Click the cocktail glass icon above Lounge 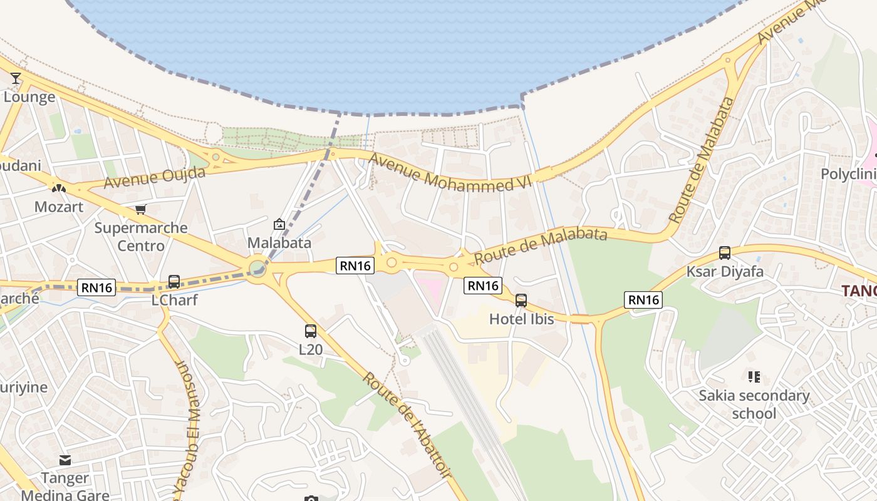16,78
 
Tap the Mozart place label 58,207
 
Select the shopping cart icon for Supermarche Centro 141,210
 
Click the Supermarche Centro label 141,236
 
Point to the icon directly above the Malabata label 279,224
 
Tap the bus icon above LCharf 174,282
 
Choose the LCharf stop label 174,300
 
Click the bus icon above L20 311,331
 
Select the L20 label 311,349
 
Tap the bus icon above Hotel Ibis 521,301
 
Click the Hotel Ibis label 521,319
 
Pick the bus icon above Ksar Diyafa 725,253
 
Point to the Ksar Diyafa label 725,271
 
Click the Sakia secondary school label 754,404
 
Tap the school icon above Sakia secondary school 754,376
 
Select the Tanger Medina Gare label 65,487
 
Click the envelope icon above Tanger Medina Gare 65,460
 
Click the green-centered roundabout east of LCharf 257,269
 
